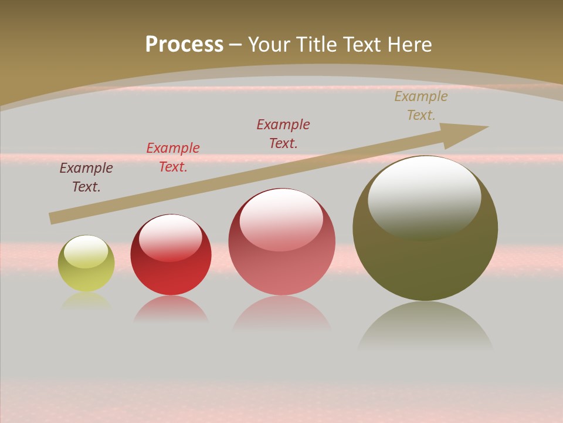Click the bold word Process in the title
pyautogui.click(x=184, y=45)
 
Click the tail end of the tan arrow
pyautogui.click(x=53, y=218)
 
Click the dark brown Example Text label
pyautogui.click(x=86, y=177)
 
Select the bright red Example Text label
pyautogui.click(x=173, y=157)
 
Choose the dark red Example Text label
pyautogui.click(x=283, y=134)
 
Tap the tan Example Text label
pyautogui.click(x=421, y=106)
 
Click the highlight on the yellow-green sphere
pyautogui.click(x=86, y=251)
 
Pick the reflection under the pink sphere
pyautogui.click(x=282, y=313)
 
